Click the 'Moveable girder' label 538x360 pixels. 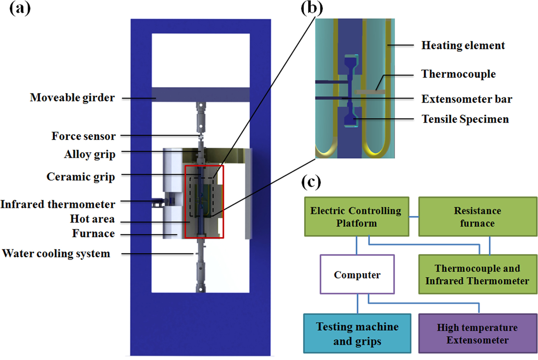(72, 98)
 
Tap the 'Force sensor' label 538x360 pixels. (83, 136)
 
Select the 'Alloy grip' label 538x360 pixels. (90, 154)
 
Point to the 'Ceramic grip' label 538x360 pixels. (81, 177)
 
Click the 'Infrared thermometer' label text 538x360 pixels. (58, 204)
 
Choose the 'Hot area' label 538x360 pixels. (92, 219)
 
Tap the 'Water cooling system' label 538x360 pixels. (56, 253)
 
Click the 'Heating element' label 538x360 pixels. (463, 45)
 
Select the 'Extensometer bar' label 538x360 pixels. (467, 99)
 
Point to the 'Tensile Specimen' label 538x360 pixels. (465, 119)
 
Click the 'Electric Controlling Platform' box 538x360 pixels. (356, 217)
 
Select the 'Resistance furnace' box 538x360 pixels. (477, 217)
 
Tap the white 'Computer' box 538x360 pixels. (357, 275)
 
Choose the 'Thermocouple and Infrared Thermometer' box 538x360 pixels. (477, 275)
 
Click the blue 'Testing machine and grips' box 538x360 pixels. (357, 333)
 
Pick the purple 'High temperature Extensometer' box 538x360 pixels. (477, 333)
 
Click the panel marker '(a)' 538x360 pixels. (20, 8)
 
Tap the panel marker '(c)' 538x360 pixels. (311, 182)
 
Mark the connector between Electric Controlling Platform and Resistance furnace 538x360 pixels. (413, 217)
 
